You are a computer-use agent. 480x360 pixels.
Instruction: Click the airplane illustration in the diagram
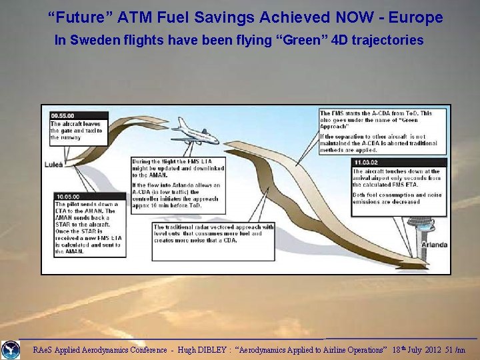click(x=195, y=131)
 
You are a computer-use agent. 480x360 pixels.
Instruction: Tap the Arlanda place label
click(x=434, y=245)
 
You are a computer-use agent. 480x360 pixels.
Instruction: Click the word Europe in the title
click(x=417, y=17)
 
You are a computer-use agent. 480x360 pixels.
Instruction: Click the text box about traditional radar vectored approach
click(x=213, y=242)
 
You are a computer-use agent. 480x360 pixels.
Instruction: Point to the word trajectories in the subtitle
click(x=385, y=41)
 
